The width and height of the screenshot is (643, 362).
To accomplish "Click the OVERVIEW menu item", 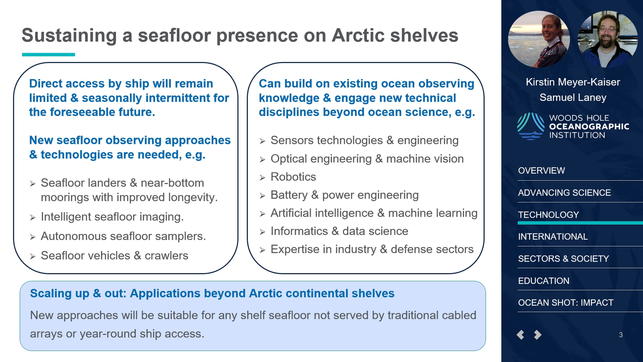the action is [x=541, y=171].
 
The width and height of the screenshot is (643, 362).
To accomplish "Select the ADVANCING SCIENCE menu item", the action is [x=564, y=193].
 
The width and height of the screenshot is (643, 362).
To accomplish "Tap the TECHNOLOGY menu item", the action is [x=548, y=215].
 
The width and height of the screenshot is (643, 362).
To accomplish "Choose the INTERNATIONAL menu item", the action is [x=553, y=237].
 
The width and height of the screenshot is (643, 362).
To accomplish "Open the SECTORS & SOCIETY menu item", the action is [x=563, y=258].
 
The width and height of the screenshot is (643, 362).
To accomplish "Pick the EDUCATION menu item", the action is [x=544, y=281].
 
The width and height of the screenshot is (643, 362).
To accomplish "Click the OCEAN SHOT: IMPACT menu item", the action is [x=566, y=302].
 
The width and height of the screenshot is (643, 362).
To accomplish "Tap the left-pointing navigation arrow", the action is [x=520, y=335].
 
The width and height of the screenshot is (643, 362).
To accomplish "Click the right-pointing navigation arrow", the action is [x=538, y=335].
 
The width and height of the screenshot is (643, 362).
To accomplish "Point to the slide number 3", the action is [x=621, y=335].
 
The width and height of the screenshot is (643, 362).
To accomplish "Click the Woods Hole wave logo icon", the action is [x=531, y=126].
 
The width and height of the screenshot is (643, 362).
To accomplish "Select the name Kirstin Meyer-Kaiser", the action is [x=573, y=82].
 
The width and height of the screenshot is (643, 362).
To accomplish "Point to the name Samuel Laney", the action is [x=573, y=97].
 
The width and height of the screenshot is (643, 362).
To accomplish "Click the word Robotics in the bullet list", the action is [x=293, y=177].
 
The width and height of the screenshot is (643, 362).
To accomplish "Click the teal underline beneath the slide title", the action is [x=48, y=55].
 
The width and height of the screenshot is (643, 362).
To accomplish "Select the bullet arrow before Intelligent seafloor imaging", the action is [x=33, y=217].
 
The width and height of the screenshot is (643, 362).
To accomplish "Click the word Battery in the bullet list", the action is [x=289, y=195].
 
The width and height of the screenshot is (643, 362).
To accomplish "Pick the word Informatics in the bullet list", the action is [x=299, y=231].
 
